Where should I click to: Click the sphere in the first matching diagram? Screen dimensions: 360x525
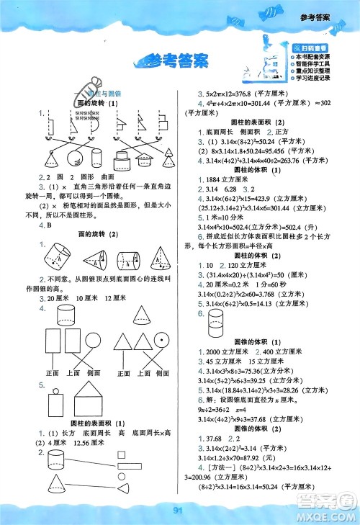point(98,156)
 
